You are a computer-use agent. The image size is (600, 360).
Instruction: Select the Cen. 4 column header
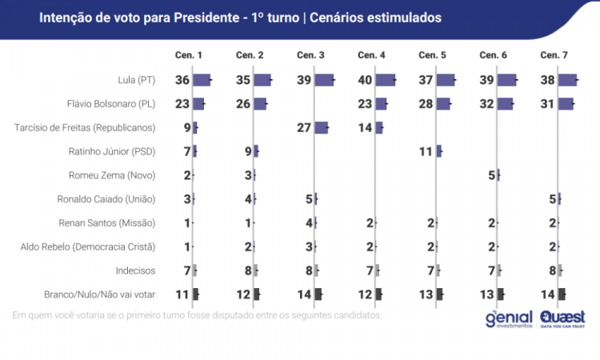371,54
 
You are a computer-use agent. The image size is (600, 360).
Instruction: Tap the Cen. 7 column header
554,54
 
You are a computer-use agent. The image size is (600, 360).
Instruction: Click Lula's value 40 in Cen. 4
365,80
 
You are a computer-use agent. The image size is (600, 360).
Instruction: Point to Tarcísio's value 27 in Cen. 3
304,127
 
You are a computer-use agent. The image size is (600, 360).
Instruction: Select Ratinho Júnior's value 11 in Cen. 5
426,151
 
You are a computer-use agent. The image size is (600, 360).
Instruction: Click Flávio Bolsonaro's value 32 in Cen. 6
486,104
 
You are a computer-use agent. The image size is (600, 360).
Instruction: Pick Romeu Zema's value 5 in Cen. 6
490,175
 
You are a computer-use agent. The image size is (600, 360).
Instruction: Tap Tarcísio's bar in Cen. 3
321,127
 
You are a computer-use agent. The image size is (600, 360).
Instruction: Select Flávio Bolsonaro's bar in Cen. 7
566,104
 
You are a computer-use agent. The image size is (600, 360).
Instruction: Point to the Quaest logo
562,318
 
